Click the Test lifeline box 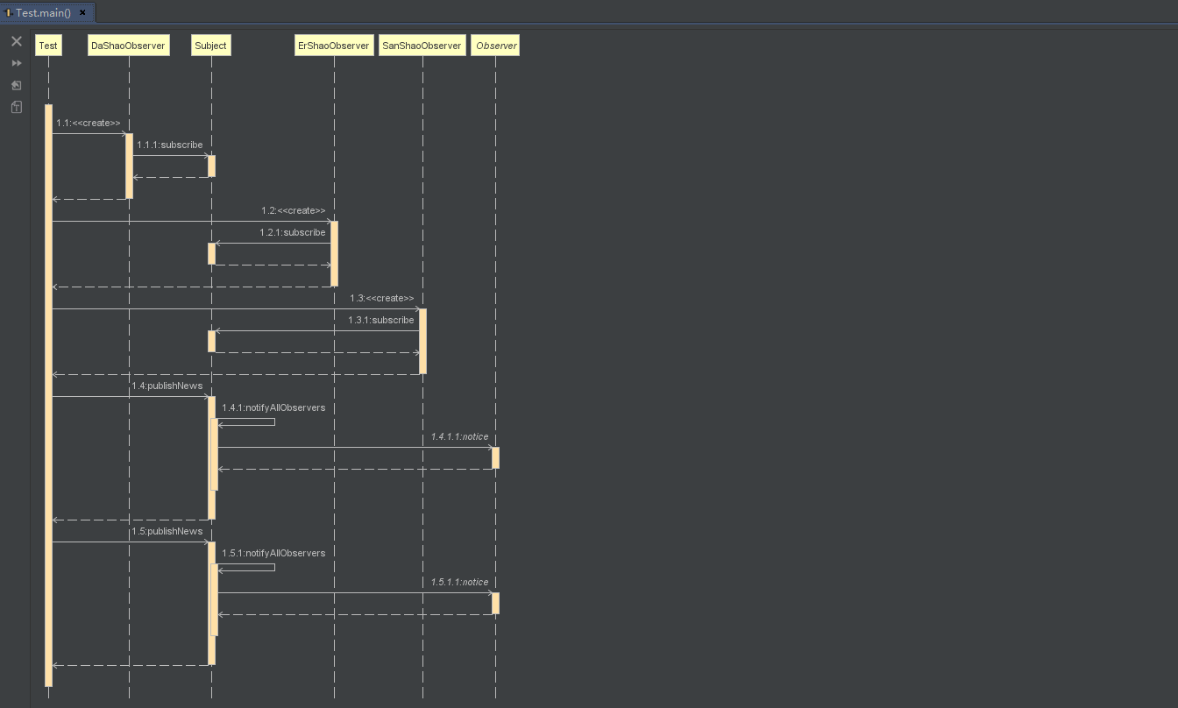(x=48, y=46)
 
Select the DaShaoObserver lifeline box (x=128, y=46)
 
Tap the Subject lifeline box (x=210, y=46)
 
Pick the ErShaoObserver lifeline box (x=334, y=46)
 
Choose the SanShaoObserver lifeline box (x=422, y=46)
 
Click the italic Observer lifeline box (x=496, y=46)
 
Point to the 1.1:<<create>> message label (x=89, y=124)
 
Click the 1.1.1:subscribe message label (x=170, y=145)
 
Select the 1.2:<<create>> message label (x=293, y=211)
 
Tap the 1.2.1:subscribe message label (x=293, y=233)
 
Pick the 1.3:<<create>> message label (x=381, y=299)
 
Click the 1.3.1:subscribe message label (x=381, y=321)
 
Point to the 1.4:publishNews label (x=167, y=386)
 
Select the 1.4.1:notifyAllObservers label (x=273, y=408)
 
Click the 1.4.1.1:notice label (x=459, y=437)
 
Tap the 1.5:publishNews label (x=167, y=531)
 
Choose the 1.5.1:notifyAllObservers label (x=273, y=554)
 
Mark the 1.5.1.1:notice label (x=459, y=583)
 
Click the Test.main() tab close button (x=82, y=13)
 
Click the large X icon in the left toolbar (x=16, y=41)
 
